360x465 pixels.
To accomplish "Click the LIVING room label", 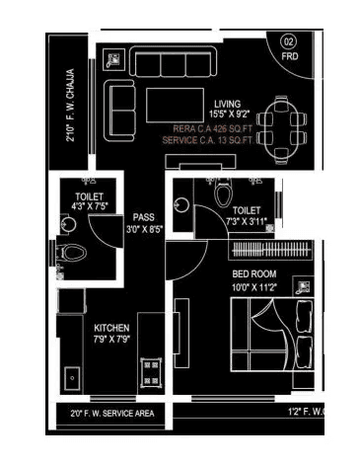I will pyautogui.click(x=230, y=104).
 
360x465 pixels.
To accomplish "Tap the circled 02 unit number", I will pyautogui.click(x=288, y=41).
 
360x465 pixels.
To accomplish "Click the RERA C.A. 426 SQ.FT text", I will pyautogui.click(x=212, y=128).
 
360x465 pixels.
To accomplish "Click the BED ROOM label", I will pyautogui.click(x=253, y=273).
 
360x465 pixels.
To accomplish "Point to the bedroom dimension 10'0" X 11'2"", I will pyautogui.click(x=253, y=286).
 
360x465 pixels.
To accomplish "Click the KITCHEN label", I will pyautogui.click(x=112, y=328).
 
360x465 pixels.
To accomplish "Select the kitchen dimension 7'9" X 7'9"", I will pyautogui.click(x=112, y=341).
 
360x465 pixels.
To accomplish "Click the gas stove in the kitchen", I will pyautogui.click(x=152, y=372).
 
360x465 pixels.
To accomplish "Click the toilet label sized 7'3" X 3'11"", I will pyautogui.click(x=247, y=217).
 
